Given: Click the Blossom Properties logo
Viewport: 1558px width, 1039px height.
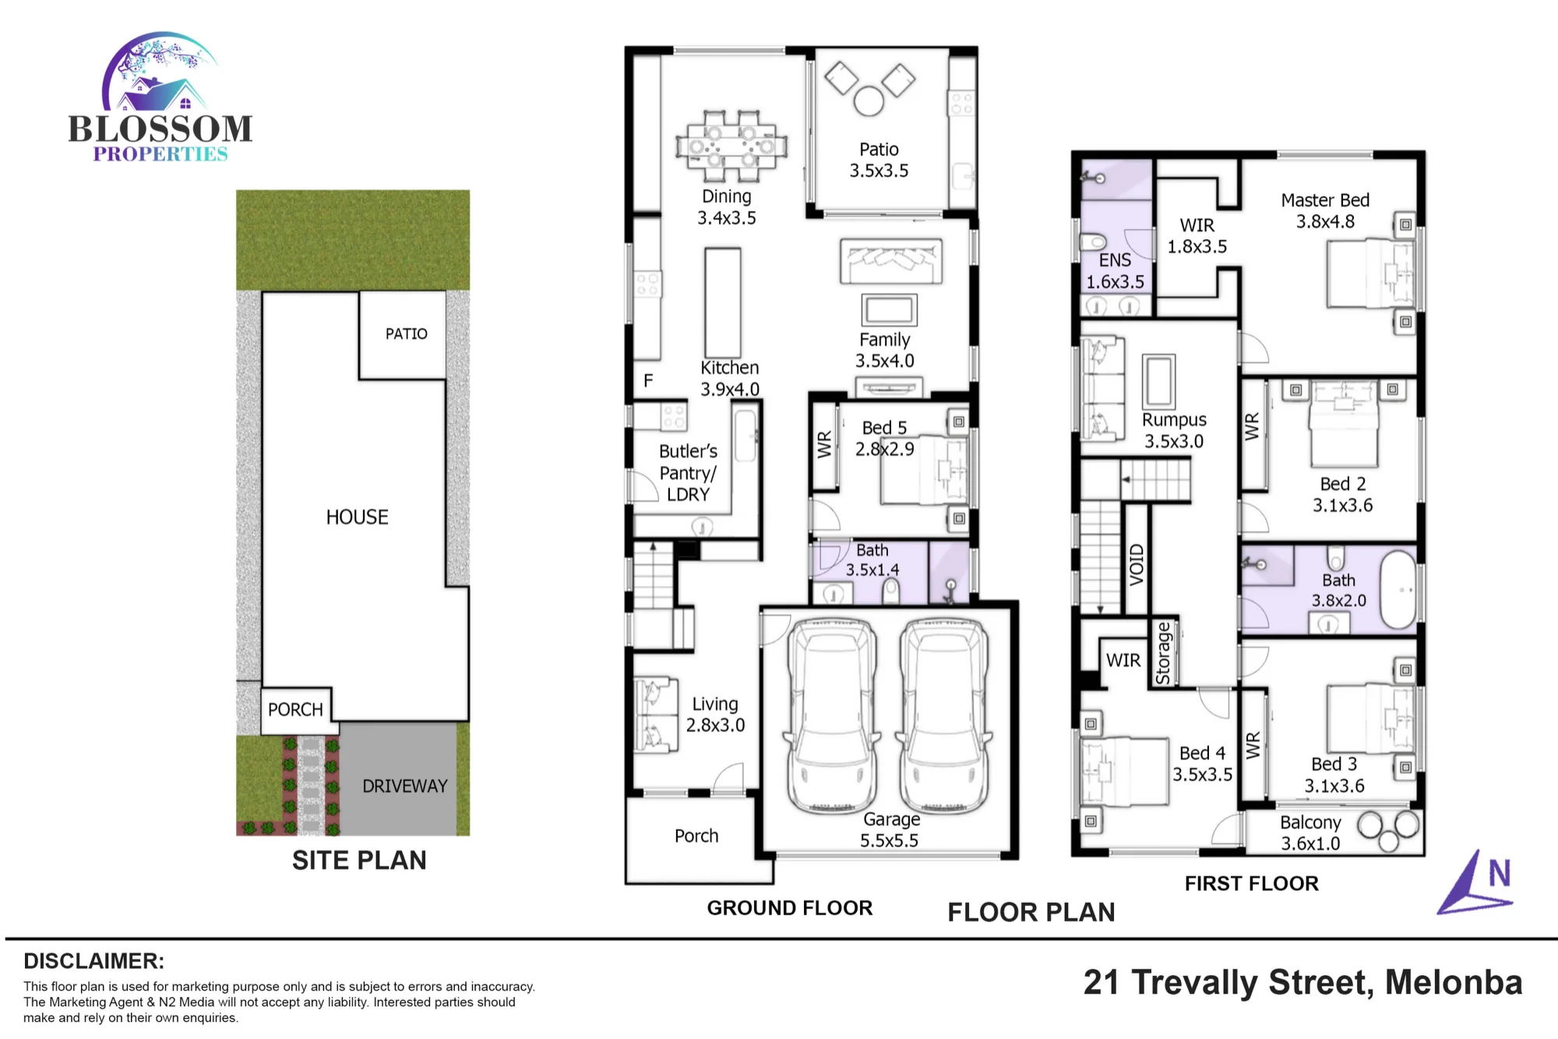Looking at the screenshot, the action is [x=160, y=97].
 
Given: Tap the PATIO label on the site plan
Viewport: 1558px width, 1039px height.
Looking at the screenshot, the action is [x=407, y=334].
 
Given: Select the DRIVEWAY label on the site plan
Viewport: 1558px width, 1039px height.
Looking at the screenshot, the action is [x=405, y=786].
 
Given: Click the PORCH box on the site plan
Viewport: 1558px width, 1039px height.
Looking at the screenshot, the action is [x=296, y=710].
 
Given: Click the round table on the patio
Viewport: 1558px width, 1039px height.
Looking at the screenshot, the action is [x=869, y=101].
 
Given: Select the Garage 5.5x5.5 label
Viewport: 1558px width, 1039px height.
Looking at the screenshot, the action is [x=890, y=830].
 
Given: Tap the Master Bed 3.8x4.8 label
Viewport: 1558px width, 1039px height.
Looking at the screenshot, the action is [x=1325, y=211].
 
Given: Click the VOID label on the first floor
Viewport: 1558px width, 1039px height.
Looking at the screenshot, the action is [x=1137, y=565].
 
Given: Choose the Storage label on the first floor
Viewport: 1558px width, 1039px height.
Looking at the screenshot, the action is [x=1163, y=653].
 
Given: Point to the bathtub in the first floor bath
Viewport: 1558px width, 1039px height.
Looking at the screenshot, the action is [x=1398, y=590].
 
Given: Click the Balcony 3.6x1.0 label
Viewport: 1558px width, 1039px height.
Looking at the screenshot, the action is [x=1311, y=833].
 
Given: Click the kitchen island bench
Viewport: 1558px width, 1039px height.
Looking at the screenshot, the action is [x=723, y=303].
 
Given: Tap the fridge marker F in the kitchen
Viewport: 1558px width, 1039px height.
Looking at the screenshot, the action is [x=648, y=381].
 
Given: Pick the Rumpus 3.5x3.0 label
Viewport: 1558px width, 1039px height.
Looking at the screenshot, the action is [x=1174, y=430].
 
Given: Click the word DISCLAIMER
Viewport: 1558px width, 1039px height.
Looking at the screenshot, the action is [x=93, y=961].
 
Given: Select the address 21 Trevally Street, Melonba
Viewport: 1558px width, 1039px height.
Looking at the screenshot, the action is [x=1302, y=982].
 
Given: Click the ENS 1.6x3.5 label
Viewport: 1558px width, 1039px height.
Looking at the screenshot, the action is [x=1116, y=271].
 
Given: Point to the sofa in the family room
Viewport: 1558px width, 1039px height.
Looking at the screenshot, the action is [x=891, y=261].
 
